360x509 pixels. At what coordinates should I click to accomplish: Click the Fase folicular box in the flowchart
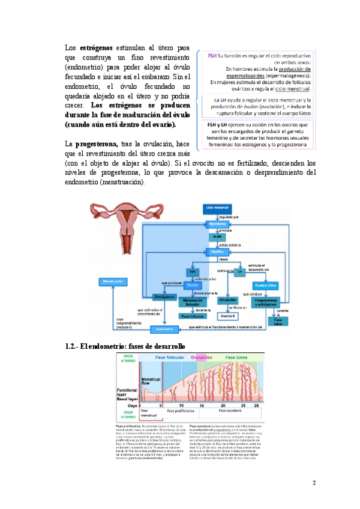point(192,316)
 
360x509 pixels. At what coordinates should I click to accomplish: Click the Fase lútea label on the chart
point(239,357)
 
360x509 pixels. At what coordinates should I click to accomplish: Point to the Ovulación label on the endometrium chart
point(202,357)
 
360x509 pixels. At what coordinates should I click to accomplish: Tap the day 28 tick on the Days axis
point(256,406)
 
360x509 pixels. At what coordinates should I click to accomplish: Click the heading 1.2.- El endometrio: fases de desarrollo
point(124,346)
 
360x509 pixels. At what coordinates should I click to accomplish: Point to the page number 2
point(313,484)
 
